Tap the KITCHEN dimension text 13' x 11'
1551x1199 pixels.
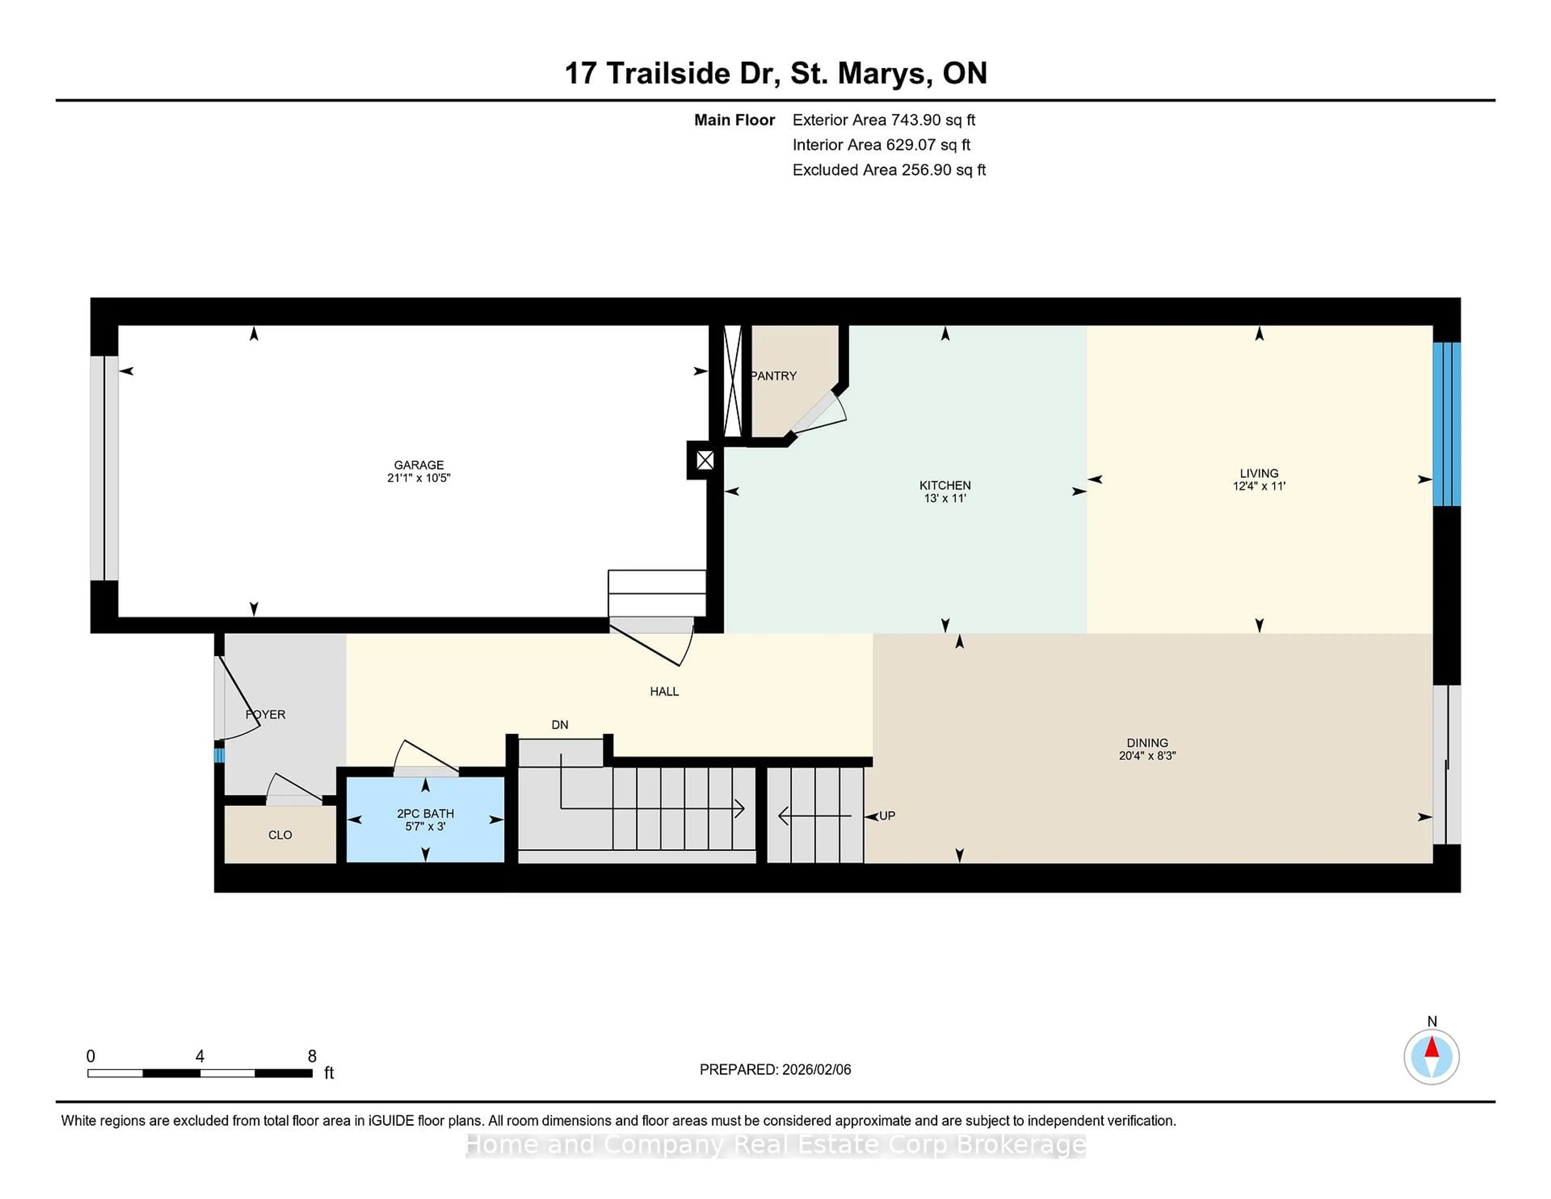pos(944,499)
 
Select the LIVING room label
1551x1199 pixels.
pos(1259,473)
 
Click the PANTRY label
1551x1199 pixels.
pos(774,376)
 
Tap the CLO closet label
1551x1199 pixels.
pos(280,835)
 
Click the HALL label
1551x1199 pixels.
pos(664,691)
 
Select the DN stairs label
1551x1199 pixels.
pos(559,724)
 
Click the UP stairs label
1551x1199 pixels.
pos(887,816)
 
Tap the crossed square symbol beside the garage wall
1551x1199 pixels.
pos(704,460)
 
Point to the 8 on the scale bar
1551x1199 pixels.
pos(312,1056)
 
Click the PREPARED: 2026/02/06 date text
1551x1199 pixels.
pos(775,1069)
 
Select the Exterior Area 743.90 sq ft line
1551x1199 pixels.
pos(883,120)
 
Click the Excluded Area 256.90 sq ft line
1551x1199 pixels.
pos(889,170)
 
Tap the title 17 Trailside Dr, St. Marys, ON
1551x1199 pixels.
pos(775,73)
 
